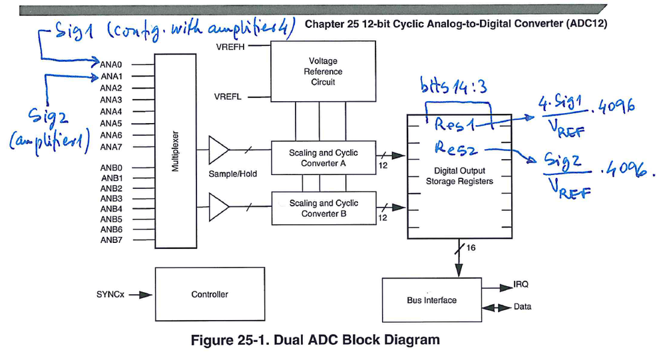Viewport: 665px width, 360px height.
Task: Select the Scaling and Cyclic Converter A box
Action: [323, 158]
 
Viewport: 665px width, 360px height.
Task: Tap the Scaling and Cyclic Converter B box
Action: [323, 208]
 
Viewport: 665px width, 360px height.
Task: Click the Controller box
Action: [209, 294]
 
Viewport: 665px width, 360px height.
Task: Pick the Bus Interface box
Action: [431, 300]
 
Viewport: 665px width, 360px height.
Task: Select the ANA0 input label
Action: [111, 64]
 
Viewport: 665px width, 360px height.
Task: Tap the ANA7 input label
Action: [111, 147]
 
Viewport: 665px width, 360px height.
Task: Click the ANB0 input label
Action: [111, 168]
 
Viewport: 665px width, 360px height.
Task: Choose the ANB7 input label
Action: [111, 240]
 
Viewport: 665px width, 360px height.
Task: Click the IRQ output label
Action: [521, 284]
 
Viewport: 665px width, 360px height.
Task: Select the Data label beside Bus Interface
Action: [523, 307]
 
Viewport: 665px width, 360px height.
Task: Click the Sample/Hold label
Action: [232, 174]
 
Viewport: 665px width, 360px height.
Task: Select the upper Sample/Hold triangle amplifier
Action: [219, 151]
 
